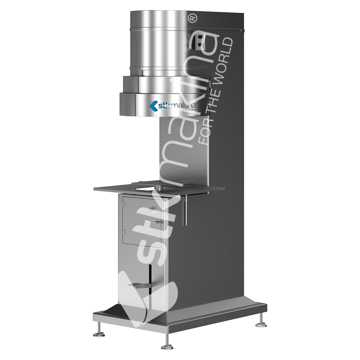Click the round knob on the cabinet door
[149, 210]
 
